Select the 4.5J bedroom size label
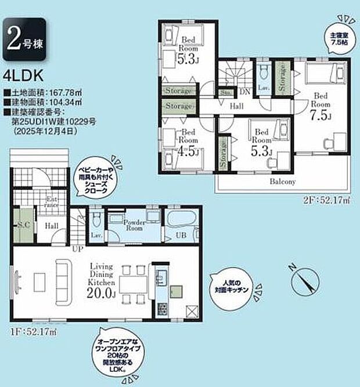coord(189,152)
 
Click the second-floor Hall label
coord(236,107)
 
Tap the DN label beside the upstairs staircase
coord(245,92)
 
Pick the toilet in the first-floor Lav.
coord(96,220)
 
